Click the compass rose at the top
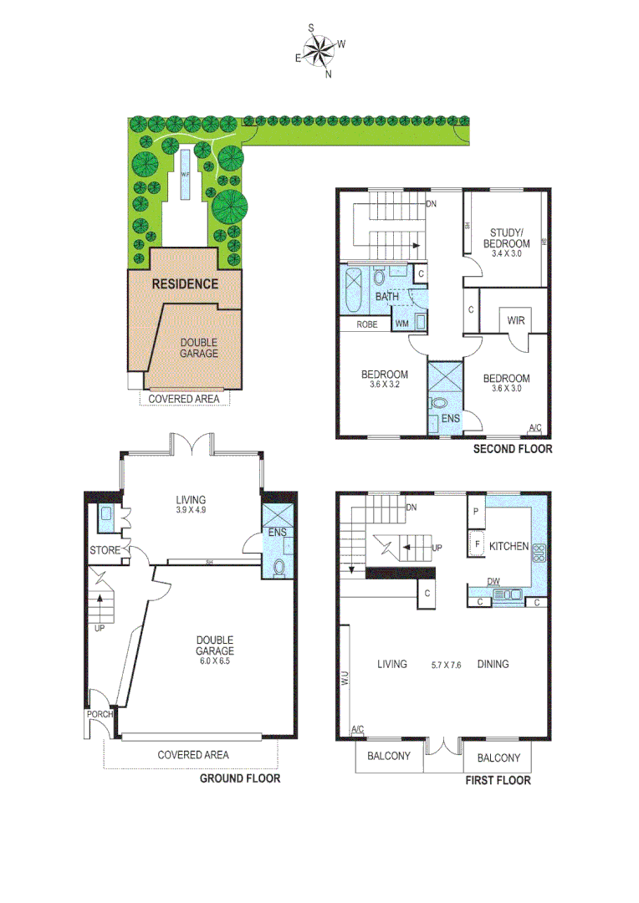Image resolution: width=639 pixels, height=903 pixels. tap(319, 51)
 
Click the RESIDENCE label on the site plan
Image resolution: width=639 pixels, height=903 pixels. tap(184, 283)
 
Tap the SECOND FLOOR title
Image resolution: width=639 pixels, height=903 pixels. tap(513, 449)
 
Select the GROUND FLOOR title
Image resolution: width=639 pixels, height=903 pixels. tap(239, 778)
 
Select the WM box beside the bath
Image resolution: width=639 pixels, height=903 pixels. tap(402, 322)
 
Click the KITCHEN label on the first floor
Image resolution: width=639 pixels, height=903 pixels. tap(509, 546)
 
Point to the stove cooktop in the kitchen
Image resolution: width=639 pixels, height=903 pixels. tap(539, 552)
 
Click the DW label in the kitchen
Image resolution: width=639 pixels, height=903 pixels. tap(494, 582)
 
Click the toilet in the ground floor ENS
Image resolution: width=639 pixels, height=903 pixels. tap(279, 568)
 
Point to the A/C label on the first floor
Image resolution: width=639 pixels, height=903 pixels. tap(358, 730)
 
